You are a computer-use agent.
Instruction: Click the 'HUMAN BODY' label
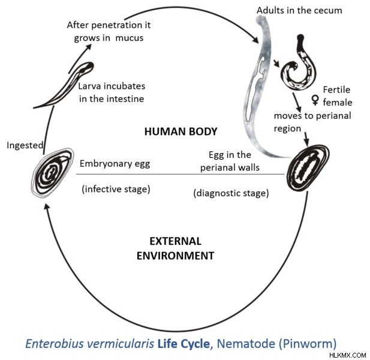click(x=181, y=131)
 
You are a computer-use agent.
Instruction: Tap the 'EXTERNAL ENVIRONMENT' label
click(x=175, y=248)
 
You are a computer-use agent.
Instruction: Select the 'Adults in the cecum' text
click(x=299, y=10)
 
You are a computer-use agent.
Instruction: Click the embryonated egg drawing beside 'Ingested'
click(x=52, y=173)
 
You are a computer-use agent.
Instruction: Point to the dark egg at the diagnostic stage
click(x=308, y=168)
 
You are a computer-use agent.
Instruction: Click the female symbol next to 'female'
click(x=315, y=100)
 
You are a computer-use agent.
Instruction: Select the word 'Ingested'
click(x=25, y=145)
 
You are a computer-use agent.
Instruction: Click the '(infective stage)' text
click(x=116, y=189)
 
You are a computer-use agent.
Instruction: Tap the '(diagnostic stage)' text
click(x=231, y=193)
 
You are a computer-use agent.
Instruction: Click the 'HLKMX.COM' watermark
click(x=348, y=355)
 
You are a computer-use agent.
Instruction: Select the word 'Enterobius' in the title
click(x=55, y=343)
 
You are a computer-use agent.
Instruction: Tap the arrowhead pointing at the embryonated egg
click(x=47, y=207)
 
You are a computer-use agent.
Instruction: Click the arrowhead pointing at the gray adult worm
click(x=255, y=40)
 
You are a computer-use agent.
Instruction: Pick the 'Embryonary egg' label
click(x=115, y=164)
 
